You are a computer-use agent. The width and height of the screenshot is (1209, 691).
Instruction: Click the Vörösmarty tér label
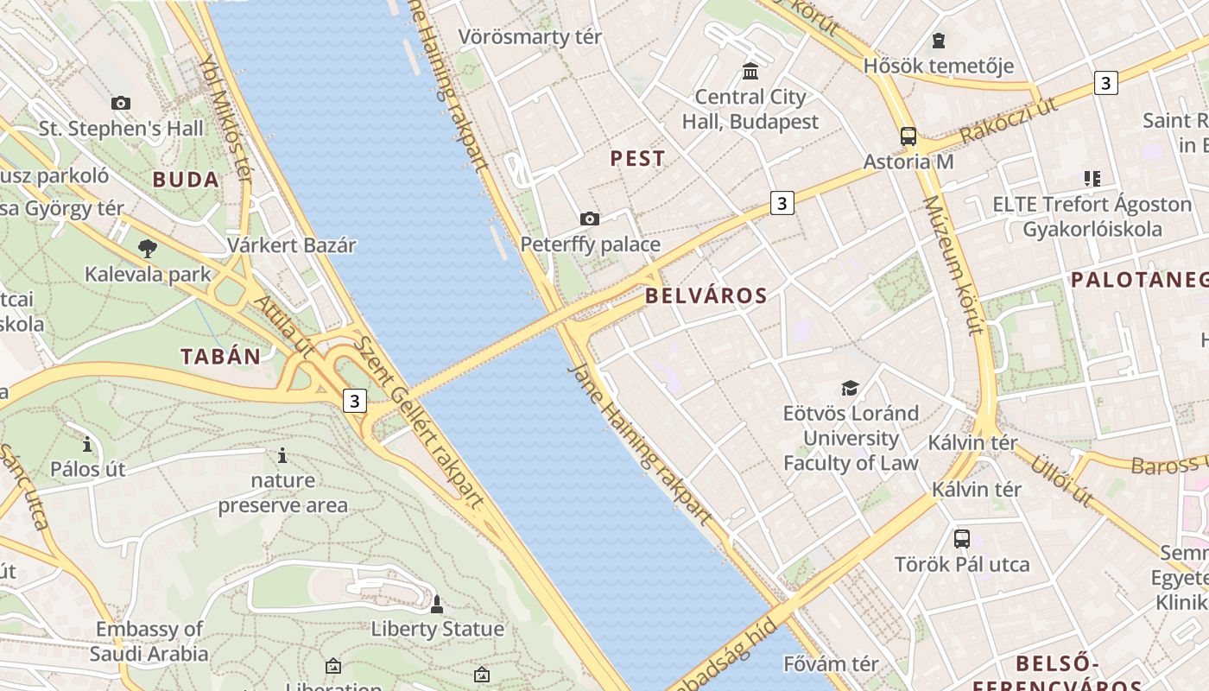[529, 37]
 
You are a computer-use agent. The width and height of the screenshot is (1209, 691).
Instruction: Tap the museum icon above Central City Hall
[750, 71]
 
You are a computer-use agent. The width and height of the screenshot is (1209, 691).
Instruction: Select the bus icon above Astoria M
[908, 136]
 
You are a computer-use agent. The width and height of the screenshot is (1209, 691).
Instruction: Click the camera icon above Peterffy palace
[590, 219]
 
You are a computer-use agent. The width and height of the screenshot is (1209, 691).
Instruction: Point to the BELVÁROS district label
[706, 295]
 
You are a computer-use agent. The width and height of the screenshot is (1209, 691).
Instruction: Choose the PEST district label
[637, 158]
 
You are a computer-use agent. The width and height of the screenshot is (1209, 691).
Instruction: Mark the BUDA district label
[186, 180]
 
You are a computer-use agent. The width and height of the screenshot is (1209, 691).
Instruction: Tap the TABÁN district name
[220, 356]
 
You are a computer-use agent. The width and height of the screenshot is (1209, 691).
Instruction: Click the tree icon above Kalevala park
[148, 249]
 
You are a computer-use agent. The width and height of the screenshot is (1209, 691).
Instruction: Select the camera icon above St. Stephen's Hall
[121, 103]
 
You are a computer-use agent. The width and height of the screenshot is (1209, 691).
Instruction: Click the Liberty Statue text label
[437, 629]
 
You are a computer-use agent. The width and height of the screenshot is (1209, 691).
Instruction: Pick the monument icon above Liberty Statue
[437, 604]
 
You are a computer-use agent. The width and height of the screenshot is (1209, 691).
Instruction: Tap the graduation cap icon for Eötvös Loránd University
[851, 388]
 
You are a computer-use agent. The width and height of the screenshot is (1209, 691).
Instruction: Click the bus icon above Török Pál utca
[961, 539]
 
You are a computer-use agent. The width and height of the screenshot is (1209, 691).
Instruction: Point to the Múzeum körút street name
[953, 264]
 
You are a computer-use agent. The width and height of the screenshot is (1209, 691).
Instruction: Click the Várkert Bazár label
[291, 244]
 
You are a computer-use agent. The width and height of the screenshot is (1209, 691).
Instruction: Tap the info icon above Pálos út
[87, 445]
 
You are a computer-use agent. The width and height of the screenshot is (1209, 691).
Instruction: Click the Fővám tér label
[831, 664]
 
